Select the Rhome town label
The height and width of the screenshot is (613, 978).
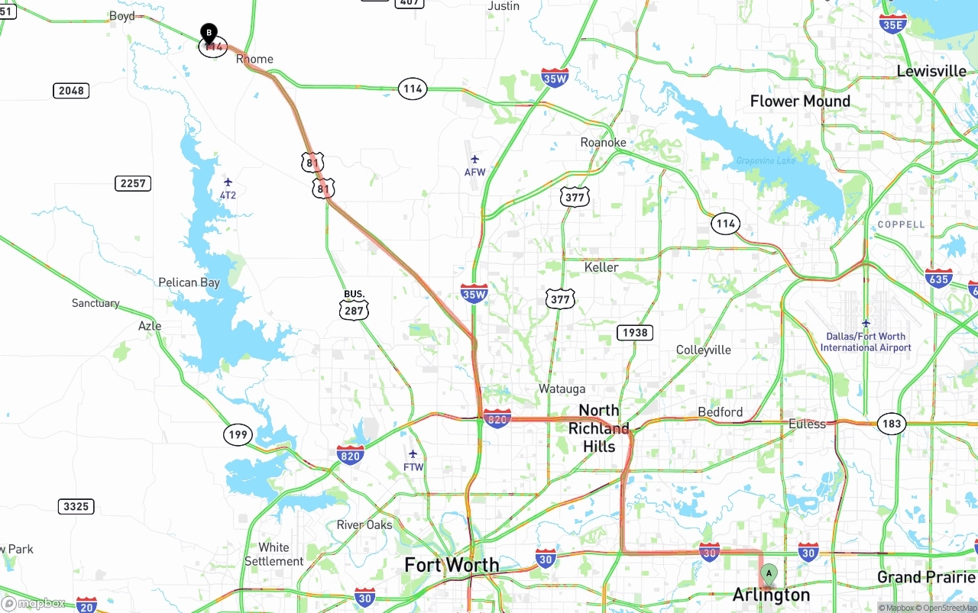[254, 59]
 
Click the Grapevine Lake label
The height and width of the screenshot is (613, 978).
[766, 161]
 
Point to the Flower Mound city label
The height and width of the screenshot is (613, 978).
[800, 101]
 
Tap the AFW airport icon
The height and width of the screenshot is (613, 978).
[475, 160]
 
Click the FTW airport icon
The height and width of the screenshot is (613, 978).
[413, 454]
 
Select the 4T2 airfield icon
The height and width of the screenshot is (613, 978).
[228, 182]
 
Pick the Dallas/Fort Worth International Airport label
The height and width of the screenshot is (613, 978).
[866, 342]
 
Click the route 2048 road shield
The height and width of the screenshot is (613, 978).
[71, 91]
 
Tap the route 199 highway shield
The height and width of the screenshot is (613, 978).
[238, 435]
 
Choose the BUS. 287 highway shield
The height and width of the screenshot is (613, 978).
[355, 305]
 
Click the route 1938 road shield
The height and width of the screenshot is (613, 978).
[635, 332]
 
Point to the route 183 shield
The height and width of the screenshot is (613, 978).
[891, 424]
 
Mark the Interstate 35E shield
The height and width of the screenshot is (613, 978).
[893, 23]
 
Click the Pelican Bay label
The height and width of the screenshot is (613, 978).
[189, 282]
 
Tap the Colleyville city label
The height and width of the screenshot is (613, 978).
[704, 350]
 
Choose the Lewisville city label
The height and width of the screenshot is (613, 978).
[931, 71]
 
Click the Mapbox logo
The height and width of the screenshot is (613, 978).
[34, 604]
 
